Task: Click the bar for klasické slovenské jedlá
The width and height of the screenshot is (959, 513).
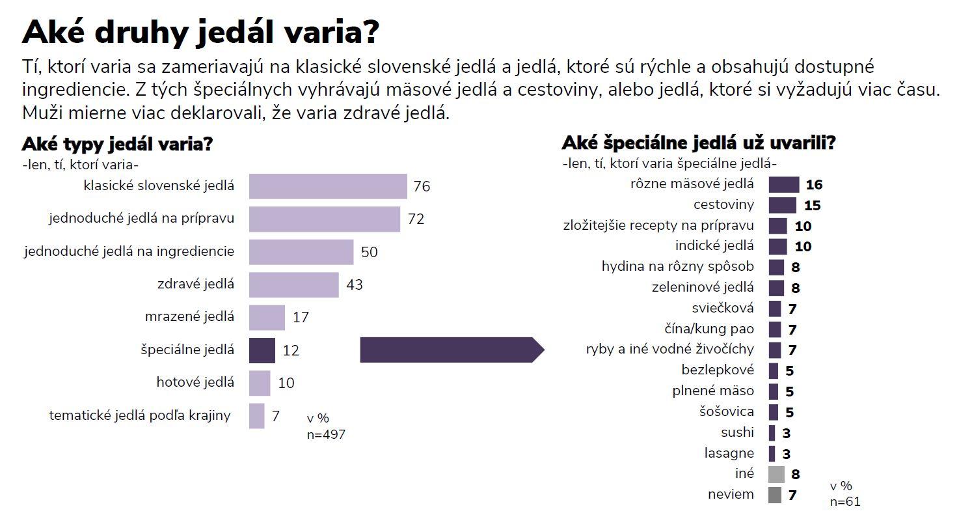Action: point(328,186)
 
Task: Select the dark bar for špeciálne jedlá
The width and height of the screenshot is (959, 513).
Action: point(262,350)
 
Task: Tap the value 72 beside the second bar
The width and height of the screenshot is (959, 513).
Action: point(416,219)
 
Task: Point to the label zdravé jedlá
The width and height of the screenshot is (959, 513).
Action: point(196,284)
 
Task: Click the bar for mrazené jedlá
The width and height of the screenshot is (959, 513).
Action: point(267,318)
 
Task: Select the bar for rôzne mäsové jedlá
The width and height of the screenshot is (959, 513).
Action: point(783,184)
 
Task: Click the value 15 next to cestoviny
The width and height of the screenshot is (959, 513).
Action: point(811,206)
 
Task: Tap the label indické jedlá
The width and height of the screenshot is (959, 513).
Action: point(714,245)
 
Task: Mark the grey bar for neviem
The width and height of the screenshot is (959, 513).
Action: point(774,495)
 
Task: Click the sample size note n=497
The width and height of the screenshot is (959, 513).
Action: point(326,434)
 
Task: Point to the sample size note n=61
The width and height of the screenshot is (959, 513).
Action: point(845,501)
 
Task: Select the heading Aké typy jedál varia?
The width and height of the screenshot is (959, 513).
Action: point(118,144)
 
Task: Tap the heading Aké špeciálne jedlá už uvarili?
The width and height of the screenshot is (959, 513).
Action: point(698,143)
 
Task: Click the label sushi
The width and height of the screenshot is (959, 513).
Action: point(737,432)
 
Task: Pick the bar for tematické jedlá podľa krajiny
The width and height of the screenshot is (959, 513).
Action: point(256,416)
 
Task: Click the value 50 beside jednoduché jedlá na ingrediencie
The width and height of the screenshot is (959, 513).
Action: point(369,252)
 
